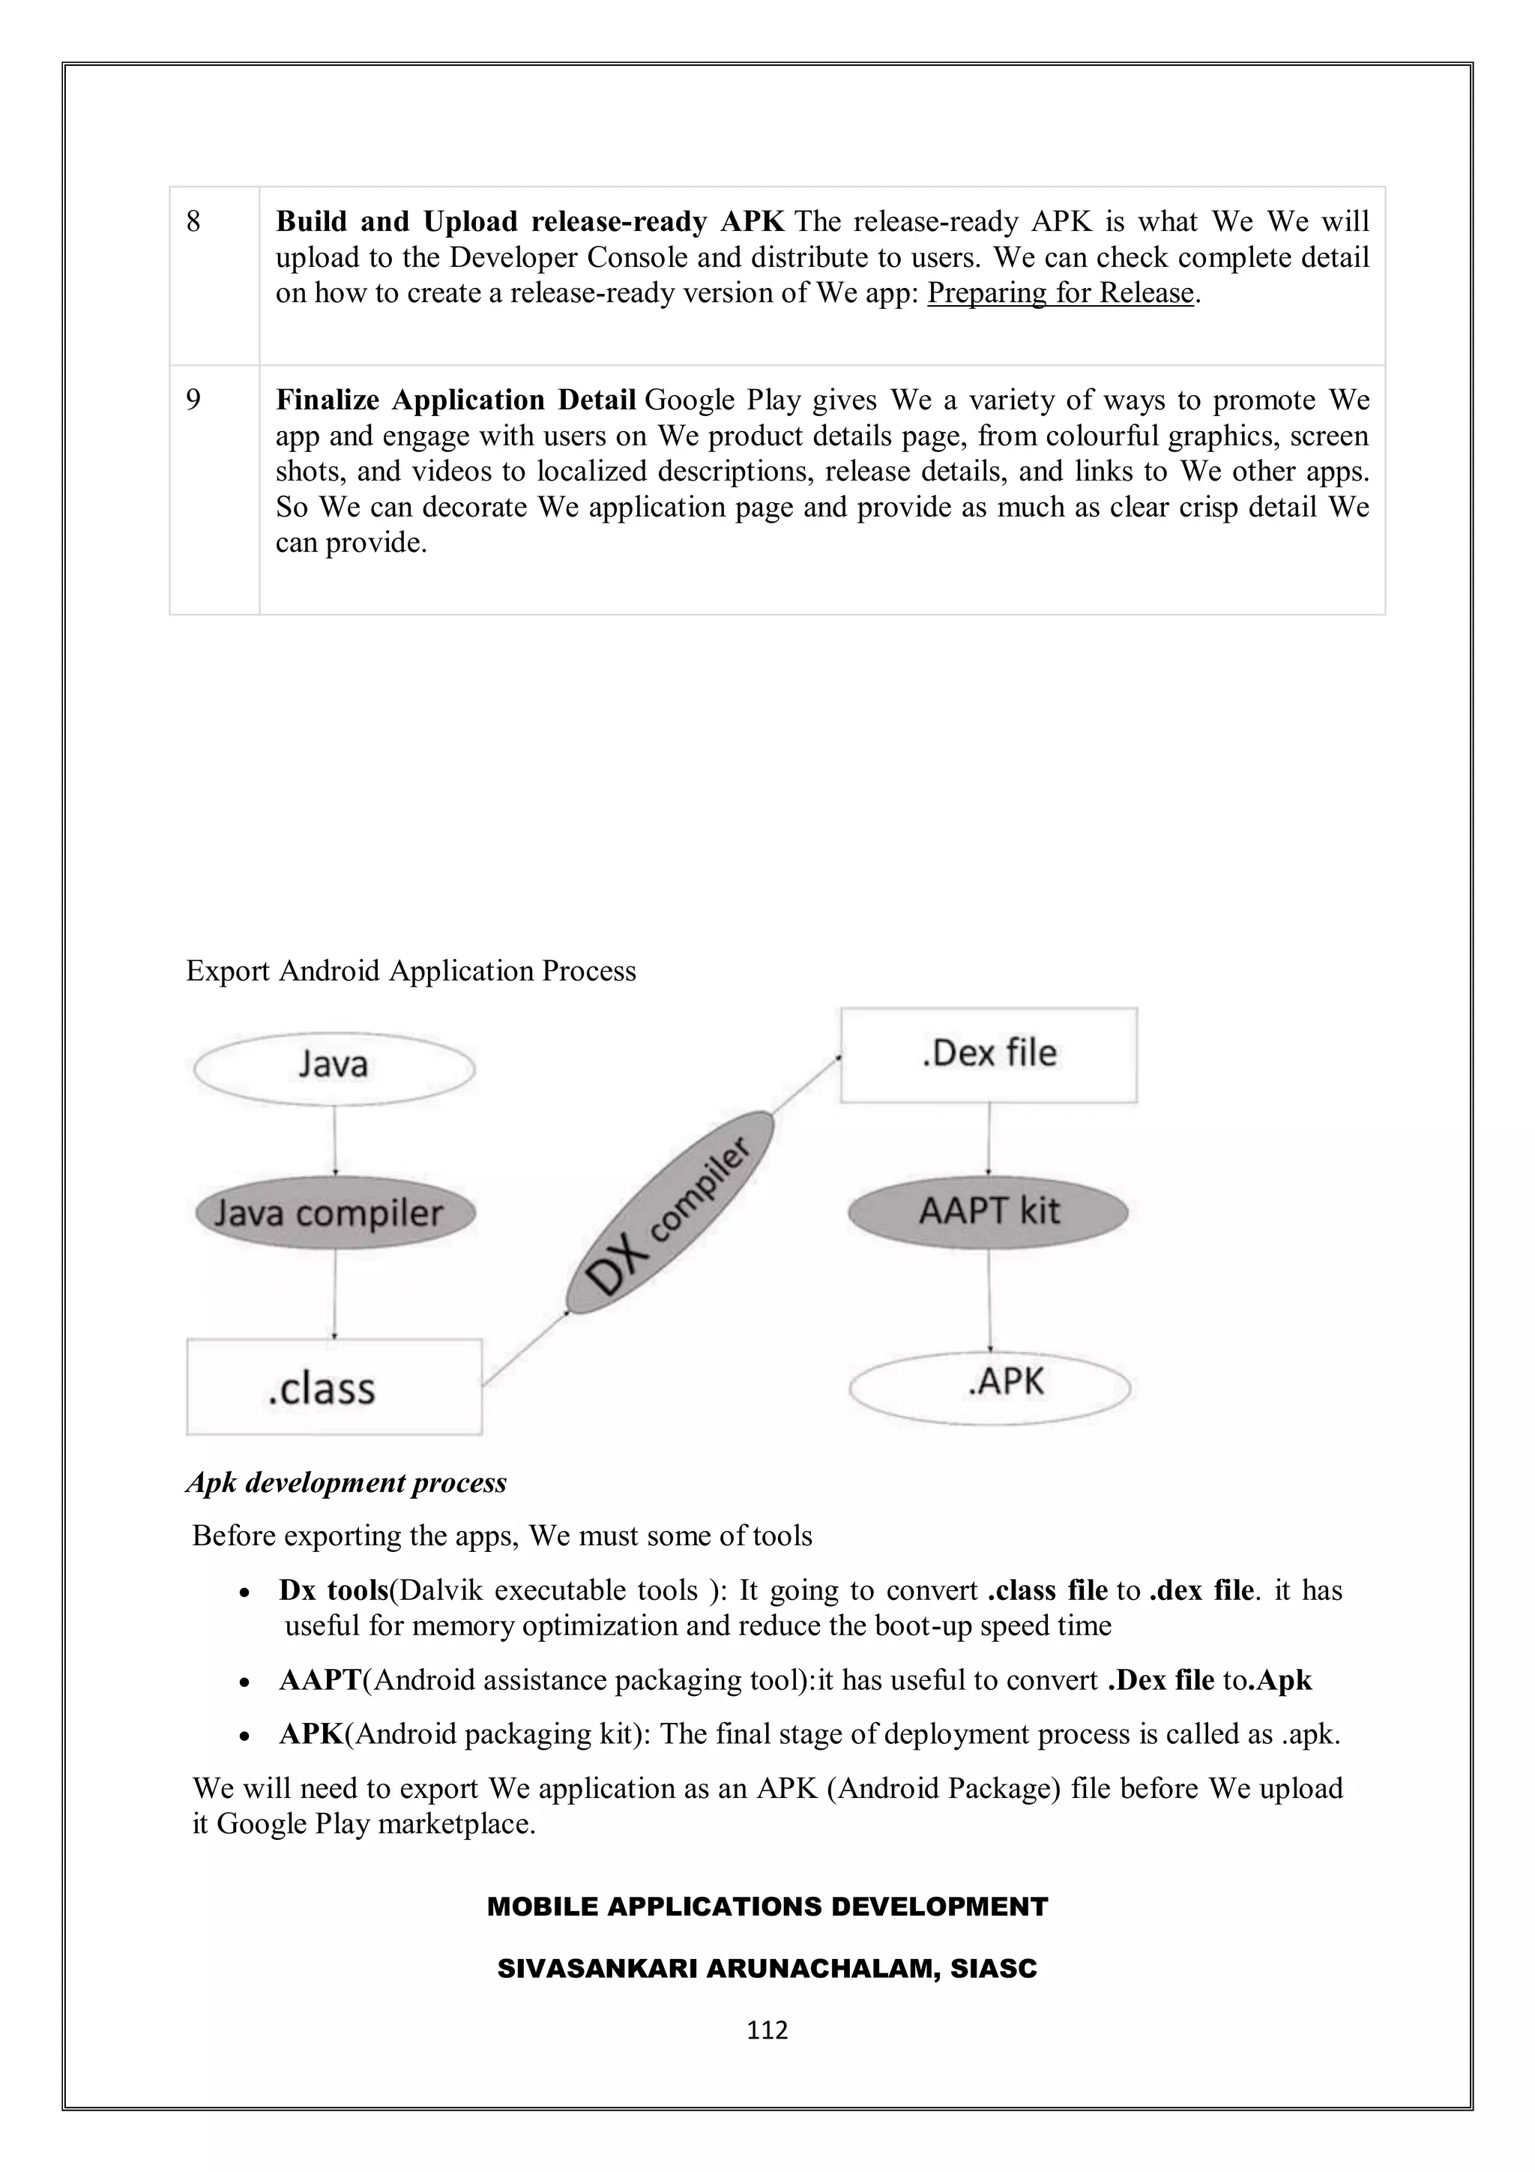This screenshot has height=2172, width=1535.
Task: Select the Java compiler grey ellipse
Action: [334, 1214]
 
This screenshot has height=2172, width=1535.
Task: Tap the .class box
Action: [334, 1387]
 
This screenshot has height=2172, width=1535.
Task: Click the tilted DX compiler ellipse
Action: [669, 1214]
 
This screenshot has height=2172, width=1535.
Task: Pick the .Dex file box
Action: [989, 1054]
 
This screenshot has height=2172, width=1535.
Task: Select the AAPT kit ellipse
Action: [989, 1212]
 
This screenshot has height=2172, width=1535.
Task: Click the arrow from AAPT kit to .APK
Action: [989, 1300]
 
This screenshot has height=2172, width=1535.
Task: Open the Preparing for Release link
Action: [1061, 293]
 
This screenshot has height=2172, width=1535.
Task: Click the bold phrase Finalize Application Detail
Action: [455, 400]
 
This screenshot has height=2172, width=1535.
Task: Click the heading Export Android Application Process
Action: [411, 971]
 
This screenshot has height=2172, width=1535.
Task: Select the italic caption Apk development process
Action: [346, 1482]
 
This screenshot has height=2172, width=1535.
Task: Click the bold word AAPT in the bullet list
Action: [320, 1680]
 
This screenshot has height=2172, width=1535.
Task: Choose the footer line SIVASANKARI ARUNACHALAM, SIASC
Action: [767, 1969]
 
